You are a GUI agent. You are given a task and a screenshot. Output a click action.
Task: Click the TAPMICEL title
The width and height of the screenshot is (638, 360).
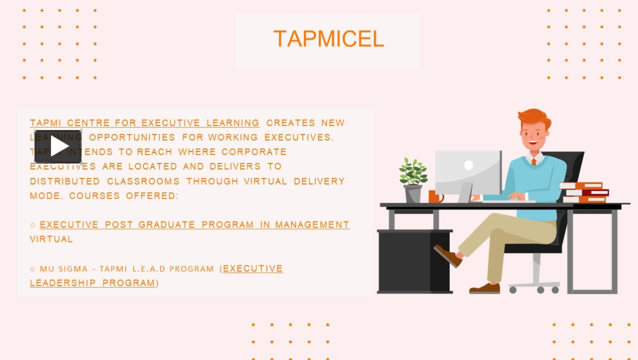(328, 39)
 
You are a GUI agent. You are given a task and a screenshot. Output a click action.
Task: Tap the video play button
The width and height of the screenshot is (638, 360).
(58, 147)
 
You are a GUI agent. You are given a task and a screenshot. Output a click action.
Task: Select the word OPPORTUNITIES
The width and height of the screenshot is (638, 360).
(132, 137)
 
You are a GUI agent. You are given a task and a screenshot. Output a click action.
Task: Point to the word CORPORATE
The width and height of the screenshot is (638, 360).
(254, 152)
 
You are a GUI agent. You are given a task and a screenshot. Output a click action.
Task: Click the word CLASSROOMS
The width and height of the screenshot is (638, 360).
(143, 181)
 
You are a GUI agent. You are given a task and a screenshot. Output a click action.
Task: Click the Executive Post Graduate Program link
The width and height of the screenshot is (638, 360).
(194, 225)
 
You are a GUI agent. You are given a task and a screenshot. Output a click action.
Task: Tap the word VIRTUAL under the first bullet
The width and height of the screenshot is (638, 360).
(51, 239)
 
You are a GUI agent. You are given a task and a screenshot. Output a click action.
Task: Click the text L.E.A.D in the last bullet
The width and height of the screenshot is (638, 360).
(148, 269)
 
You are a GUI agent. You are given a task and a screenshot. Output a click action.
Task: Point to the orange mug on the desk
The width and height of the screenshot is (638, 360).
(434, 196)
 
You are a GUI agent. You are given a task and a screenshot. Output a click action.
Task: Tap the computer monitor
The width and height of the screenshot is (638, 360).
(468, 172)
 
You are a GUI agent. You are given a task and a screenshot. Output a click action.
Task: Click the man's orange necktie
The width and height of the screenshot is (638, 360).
(534, 161)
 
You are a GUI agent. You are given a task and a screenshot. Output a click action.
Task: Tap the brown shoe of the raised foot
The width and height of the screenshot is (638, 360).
(447, 255)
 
